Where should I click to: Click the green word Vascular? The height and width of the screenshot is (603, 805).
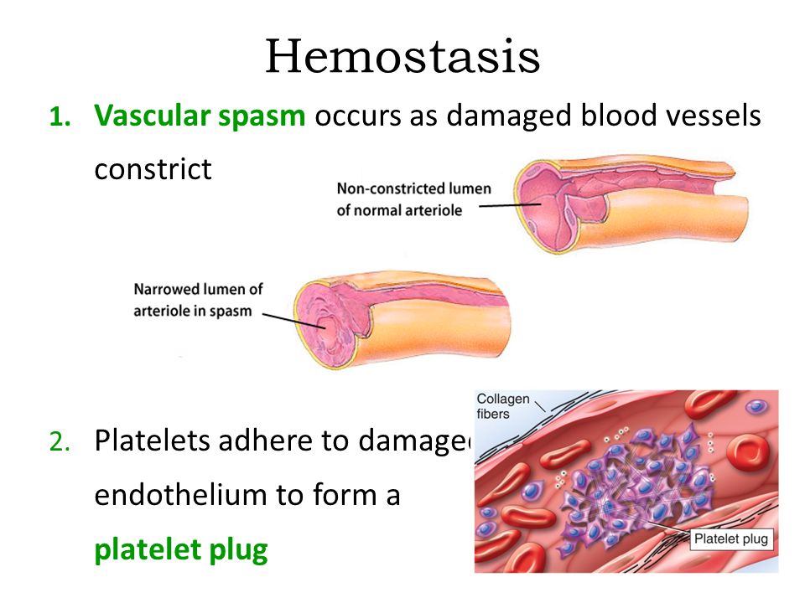tap(153, 116)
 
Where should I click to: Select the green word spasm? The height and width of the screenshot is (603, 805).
tap(263, 117)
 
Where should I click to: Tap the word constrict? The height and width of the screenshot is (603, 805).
tap(153, 169)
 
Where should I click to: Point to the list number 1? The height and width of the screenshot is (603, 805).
tap(59, 117)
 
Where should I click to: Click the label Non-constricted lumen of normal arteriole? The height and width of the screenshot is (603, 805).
tap(413, 199)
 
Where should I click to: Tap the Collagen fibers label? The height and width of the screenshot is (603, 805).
tap(503, 405)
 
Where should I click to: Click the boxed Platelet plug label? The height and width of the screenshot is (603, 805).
tap(730, 539)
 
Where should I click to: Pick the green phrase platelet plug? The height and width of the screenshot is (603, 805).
tap(180, 550)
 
